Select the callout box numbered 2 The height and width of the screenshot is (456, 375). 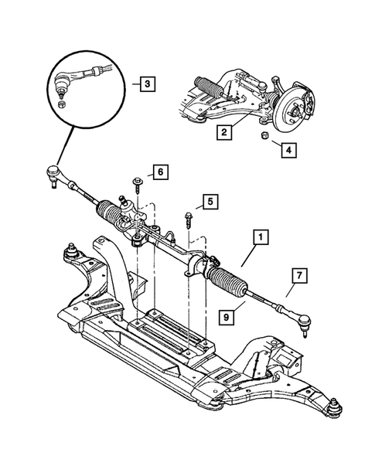click(x=223, y=133)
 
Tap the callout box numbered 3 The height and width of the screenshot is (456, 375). click(x=145, y=83)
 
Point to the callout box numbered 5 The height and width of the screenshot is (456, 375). click(x=207, y=204)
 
